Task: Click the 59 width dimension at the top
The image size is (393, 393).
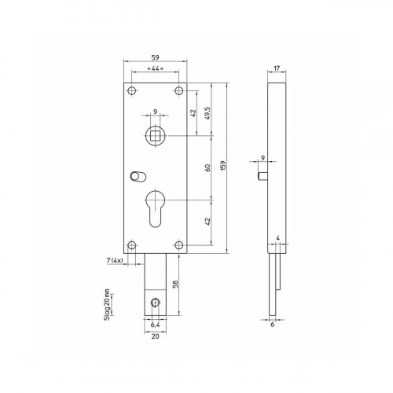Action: coord(156,57)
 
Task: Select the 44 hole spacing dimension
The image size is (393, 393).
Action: coord(156,68)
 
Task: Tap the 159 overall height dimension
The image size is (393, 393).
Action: coord(223,166)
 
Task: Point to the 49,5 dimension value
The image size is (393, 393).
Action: coord(208,113)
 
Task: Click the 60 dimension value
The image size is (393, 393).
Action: coord(208,167)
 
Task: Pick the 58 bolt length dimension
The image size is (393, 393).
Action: coord(175,284)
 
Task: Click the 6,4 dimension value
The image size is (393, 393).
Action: coord(155,325)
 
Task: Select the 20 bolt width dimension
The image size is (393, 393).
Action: coord(156,336)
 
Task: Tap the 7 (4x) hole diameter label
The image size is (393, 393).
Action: coord(115,260)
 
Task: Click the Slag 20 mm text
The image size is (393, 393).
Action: coord(107,305)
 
